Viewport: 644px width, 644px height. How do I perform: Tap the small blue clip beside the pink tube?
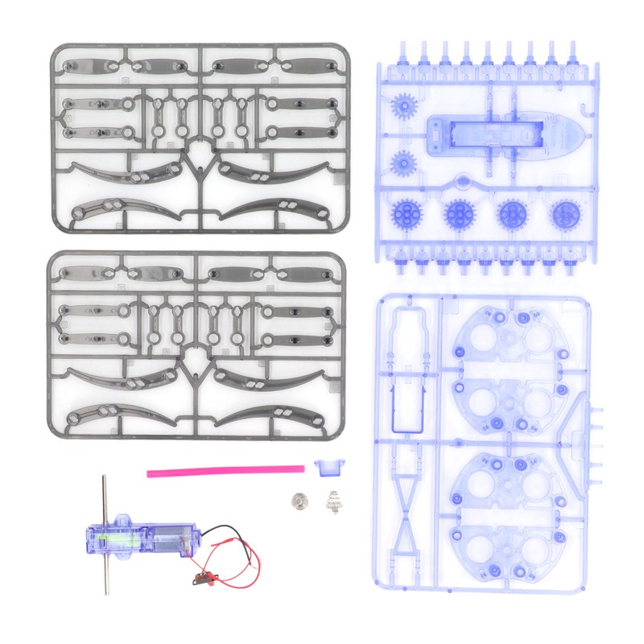click(x=327, y=466)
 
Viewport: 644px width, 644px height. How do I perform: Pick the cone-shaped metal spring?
click(x=333, y=502)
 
